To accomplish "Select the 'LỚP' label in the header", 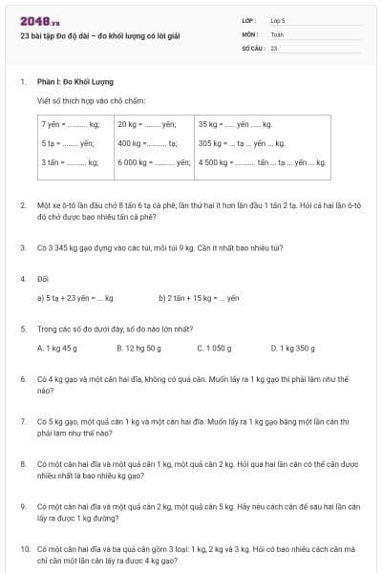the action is pos(250,20).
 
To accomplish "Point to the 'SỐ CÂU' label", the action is pos(253,46).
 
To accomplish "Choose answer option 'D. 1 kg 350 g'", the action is pos(292,349).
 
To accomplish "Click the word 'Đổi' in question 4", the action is pos(43,279).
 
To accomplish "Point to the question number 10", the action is pos(25,550).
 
